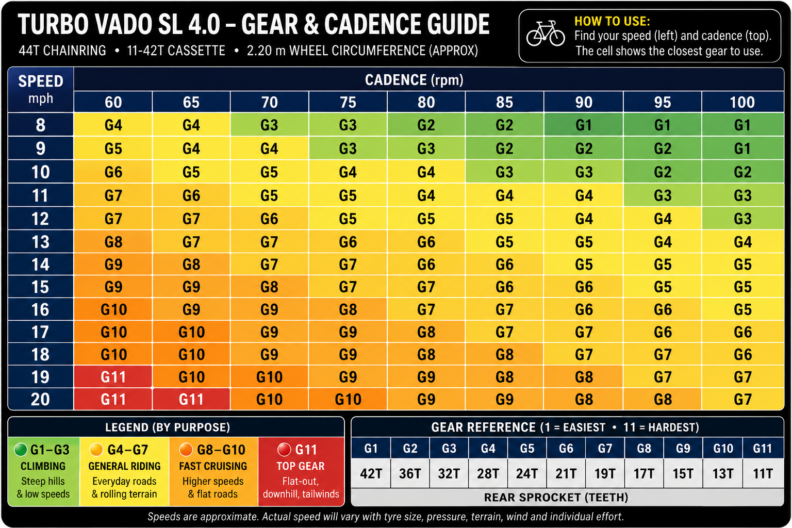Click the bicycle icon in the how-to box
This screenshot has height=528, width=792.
[x=546, y=34]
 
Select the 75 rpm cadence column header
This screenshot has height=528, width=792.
[x=348, y=102]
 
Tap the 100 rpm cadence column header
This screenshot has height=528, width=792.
[x=742, y=102]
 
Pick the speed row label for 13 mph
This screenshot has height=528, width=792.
[x=41, y=242]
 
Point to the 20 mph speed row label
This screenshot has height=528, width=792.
[x=41, y=399]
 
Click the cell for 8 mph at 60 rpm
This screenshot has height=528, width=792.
[x=113, y=125]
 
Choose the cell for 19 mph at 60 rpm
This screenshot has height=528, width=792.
[x=113, y=376]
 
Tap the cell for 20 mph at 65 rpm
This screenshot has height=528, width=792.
[x=191, y=399]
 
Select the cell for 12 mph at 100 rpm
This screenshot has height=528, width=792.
[x=742, y=219]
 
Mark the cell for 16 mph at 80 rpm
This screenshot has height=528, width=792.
[x=426, y=309]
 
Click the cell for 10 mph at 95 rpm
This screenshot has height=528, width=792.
[x=663, y=172]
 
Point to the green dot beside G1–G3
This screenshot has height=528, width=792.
[x=21, y=450]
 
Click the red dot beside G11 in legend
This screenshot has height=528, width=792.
[x=284, y=450]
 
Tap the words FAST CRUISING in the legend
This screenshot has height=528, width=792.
[x=213, y=466]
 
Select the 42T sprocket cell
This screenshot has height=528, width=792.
[x=371, y=473]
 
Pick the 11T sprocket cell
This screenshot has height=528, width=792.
[x=763, y=473]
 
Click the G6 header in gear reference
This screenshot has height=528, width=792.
[x=566, y=449]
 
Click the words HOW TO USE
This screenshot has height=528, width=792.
[x=612, y=21]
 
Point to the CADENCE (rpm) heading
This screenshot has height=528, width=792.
[x=414, y=80]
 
